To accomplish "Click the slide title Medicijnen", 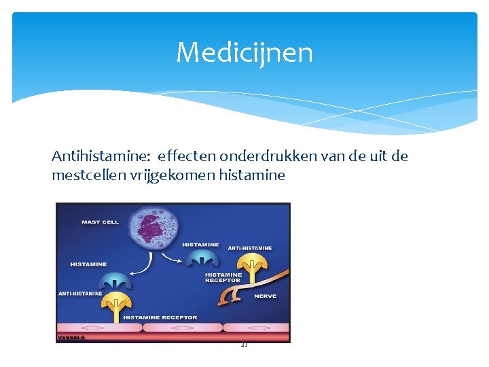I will click(244, 52).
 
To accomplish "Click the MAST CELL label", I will click(100, 222).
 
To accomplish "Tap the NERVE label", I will click(264, 296).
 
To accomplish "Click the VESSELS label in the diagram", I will click(71, 337).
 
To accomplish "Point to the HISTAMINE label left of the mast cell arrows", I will click(88, 264).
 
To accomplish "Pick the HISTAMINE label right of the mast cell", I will click(200, 245).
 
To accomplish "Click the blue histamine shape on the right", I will click(202, 259).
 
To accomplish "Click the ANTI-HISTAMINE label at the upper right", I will click(249, 248).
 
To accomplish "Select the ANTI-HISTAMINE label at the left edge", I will click(80, 294).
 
